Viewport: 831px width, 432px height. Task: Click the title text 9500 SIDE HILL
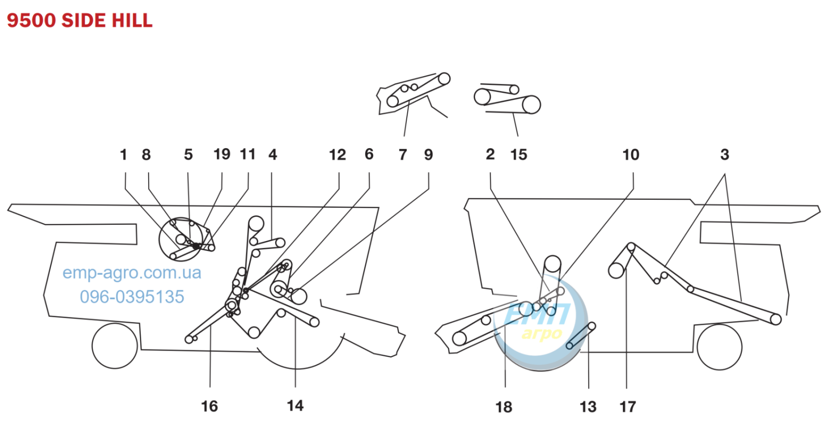[80, 21]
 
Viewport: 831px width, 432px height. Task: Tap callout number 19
[222, 154]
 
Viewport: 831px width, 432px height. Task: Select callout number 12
[337, 155]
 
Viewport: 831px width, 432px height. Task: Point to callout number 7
[403, 155]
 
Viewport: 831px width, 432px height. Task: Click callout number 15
[519, 155]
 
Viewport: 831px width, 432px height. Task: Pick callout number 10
[631, 155]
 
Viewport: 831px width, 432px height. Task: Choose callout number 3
[724, 154]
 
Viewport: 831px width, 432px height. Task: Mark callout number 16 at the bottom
[210, 407]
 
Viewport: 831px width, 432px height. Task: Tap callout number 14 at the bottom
[295, 406]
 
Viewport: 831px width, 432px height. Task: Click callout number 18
[504, 407]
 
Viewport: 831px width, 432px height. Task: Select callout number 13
[588, 407]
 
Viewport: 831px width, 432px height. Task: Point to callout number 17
[628, 407]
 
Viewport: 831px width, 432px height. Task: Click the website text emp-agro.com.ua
[131, 273]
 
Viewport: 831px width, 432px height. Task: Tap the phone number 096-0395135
[132, 297]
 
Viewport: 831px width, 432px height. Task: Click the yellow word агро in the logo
[542, 334]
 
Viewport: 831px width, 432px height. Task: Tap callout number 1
[124, 154]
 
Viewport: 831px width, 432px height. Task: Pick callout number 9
[429, 155]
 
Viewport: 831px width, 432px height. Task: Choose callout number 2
[490, 154]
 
